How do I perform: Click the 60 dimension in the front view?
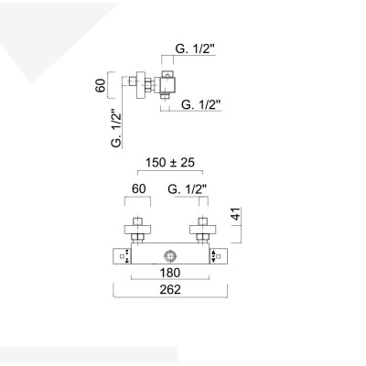tap(138, 189)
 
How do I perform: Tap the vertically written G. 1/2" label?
tap(115, 129)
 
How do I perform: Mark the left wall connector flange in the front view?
tap(136, 228)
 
